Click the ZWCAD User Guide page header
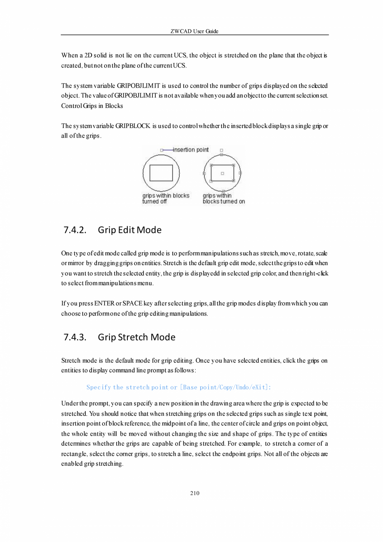194,31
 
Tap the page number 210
194,494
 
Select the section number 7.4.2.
75,230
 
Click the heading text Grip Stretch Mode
137,337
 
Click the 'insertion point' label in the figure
191,150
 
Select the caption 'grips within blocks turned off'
166,198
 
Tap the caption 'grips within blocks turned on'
224,198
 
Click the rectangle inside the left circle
161,173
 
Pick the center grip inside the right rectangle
222,173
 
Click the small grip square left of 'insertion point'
162,150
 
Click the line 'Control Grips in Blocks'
92,106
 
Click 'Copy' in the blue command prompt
226,387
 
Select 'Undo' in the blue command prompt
243,387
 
